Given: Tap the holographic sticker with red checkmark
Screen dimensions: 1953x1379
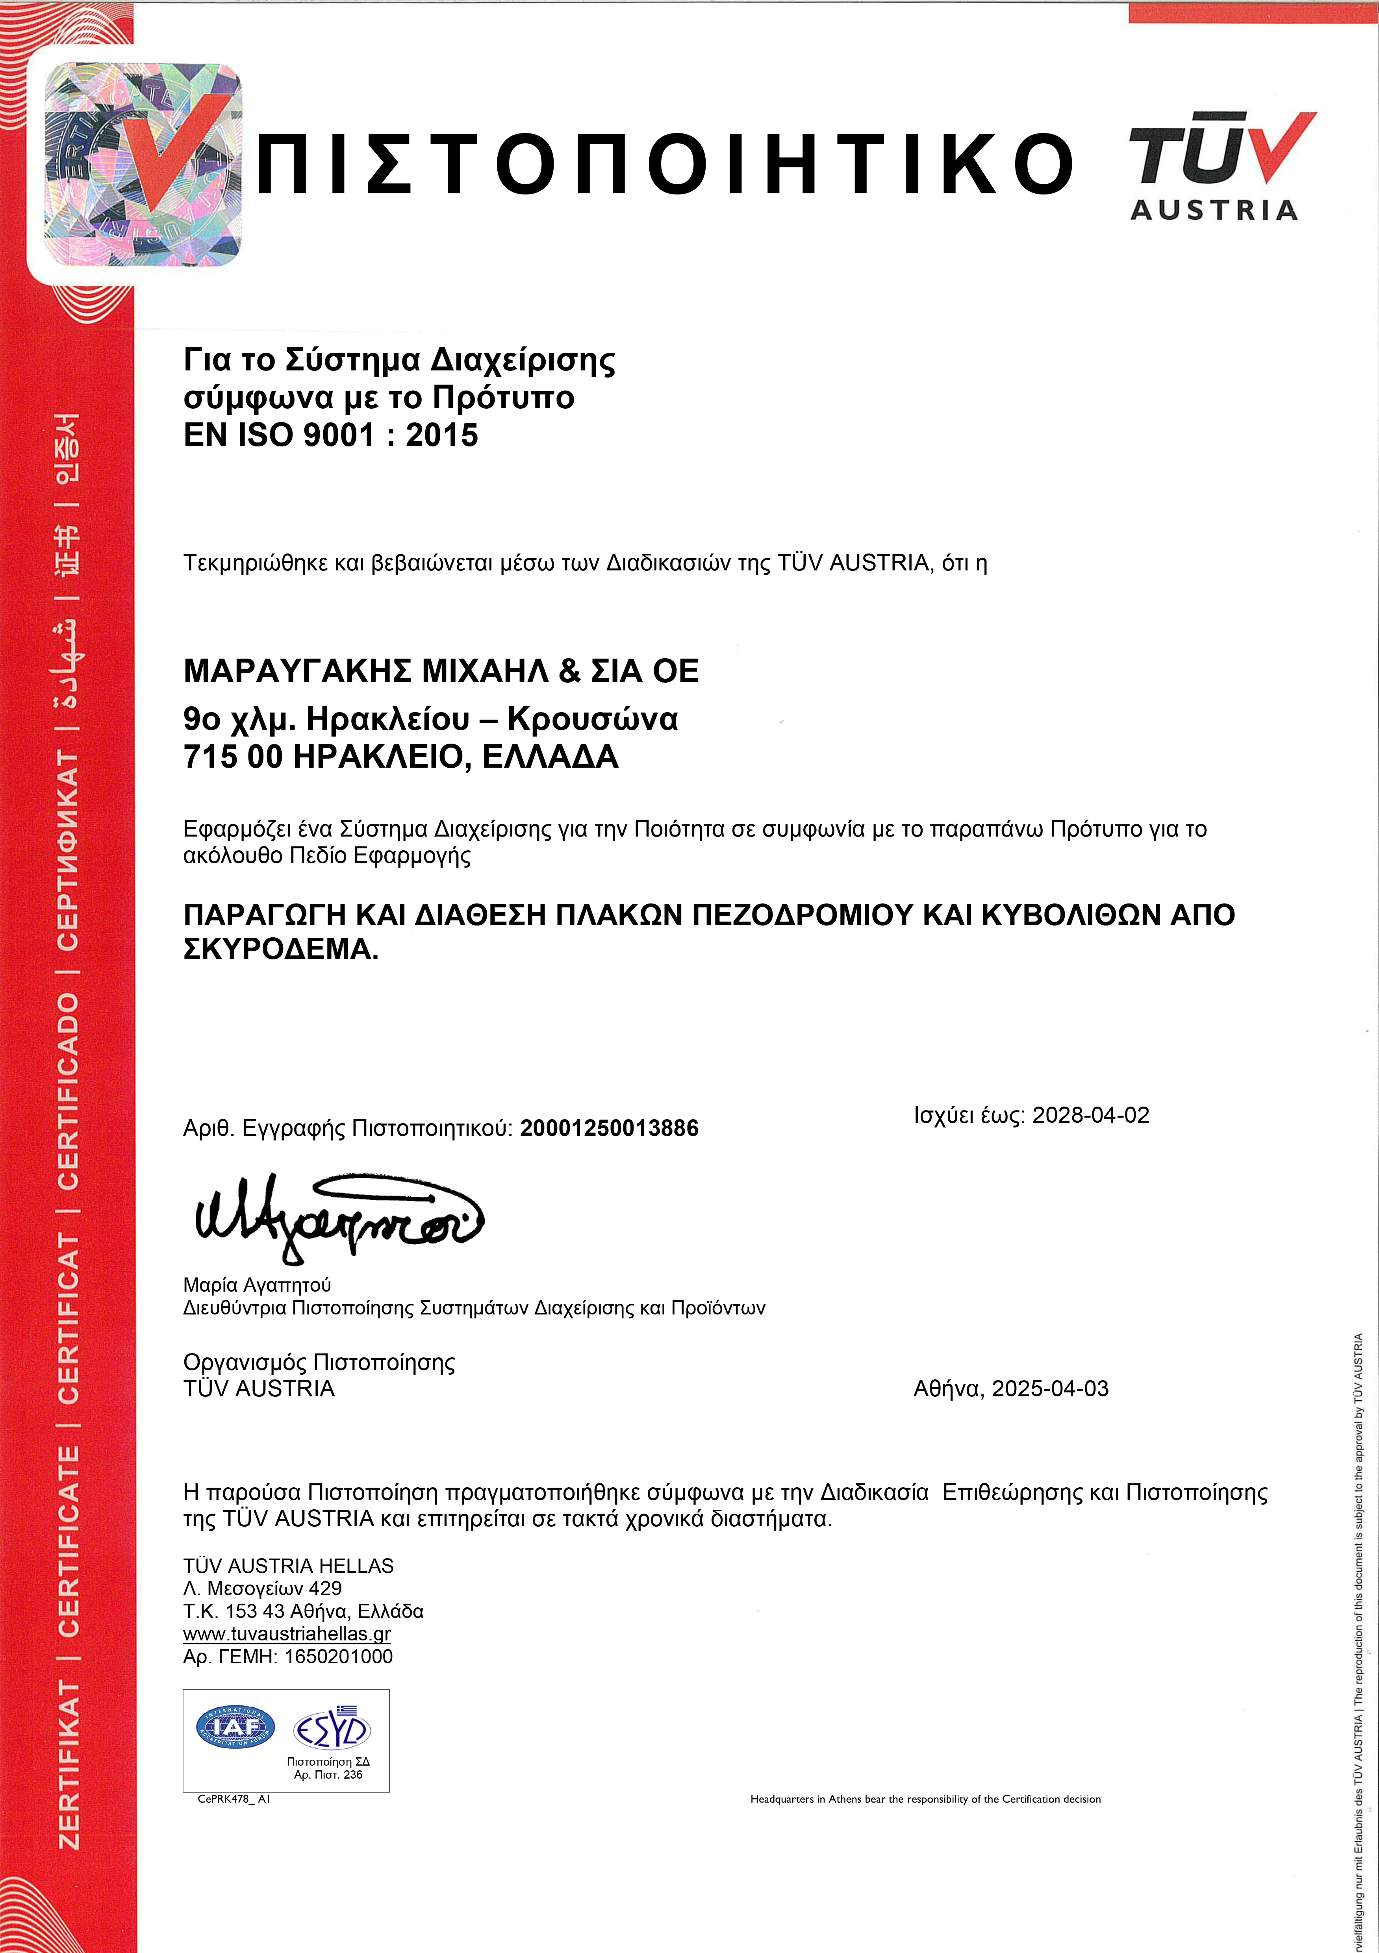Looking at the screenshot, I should point(143,164).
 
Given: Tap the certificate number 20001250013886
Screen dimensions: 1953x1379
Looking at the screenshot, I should point(609,1129).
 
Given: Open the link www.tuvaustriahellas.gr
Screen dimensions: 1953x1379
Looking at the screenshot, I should point(287,1634).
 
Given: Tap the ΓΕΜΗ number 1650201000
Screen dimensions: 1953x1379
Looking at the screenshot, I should point(339,1656).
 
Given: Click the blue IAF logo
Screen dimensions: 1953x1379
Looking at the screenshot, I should point(235,1727).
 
